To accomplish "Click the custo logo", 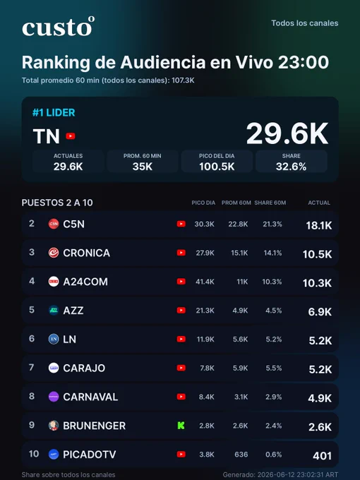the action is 58,27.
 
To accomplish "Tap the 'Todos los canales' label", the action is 305,23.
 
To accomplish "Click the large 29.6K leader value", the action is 287,133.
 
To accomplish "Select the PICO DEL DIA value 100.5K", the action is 217,167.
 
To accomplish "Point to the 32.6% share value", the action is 291,167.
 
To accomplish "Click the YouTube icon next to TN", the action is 71,136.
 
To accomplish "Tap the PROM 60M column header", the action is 236,203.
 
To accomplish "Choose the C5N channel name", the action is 74,224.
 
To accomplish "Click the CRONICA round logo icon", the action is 54,253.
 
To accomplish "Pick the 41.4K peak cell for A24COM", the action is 205,282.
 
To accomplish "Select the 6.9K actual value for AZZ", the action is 320,311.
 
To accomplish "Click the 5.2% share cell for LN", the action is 274,340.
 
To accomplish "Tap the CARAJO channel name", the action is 84,368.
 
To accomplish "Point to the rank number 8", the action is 32,396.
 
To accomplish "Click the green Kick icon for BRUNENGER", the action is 181,426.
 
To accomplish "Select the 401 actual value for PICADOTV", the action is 322,456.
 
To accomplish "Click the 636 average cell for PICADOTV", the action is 241,455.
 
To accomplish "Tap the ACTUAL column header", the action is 319,203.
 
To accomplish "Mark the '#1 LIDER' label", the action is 54,113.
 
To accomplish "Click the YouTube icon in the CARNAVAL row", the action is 181,397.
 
